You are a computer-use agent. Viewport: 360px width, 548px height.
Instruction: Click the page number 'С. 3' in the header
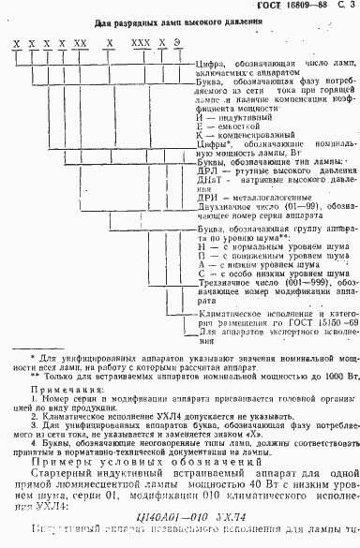point(342,7)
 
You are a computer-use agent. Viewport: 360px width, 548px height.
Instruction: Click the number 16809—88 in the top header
point(298,7)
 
